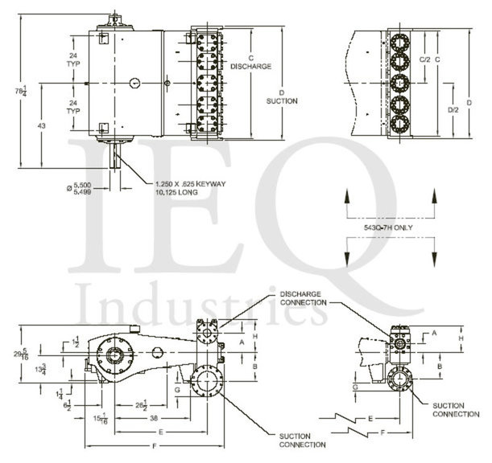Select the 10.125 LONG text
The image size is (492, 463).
point(176,192)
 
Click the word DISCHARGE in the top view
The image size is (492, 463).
point(250,66)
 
